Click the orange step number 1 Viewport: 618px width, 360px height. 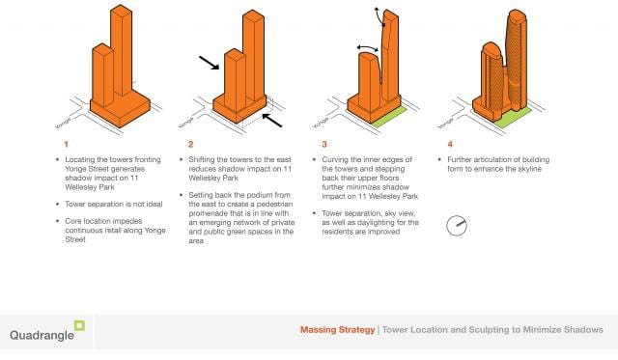point(67,144)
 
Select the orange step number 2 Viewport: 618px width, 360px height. point(191,144)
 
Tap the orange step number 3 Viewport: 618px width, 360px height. point(324,144)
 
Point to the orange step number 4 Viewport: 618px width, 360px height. point(450,144)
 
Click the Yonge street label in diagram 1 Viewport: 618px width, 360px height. point(63,123)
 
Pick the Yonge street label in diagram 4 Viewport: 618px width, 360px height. point(446,123)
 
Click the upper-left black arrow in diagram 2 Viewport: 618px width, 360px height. point(209,63)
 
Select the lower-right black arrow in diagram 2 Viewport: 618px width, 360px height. point(272,121)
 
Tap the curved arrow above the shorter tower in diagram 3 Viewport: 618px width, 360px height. point(367,47)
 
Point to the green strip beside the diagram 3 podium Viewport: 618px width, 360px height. point(390,116)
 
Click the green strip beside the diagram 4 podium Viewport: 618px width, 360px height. point(513,118)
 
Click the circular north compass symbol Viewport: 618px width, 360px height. point(457,226)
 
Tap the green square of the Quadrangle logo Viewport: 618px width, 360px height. point(79,325)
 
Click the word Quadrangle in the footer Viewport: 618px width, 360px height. point(42,335)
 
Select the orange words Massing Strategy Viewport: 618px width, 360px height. point(337,330)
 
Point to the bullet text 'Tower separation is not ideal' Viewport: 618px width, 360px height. point(114,204)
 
